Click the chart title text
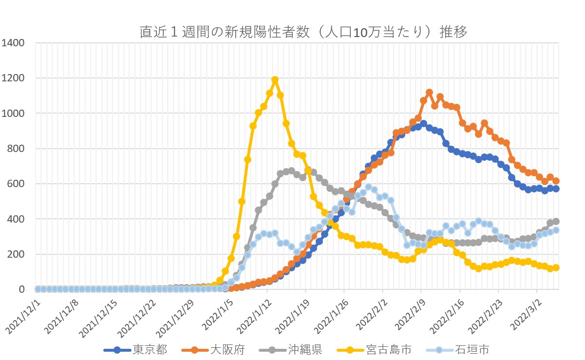point(303,32)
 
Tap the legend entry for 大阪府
point(227,349)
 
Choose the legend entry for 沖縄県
point(305,349)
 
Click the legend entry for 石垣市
point(472,349)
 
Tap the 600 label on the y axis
point(15,184)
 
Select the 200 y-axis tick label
point(15,254)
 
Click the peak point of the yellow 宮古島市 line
point(275,79)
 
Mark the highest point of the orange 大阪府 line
point(429,92)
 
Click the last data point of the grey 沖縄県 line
point(556,221)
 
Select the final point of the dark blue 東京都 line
point(556,189)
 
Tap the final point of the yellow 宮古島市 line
point(556,267)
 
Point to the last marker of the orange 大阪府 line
point(556,181)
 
